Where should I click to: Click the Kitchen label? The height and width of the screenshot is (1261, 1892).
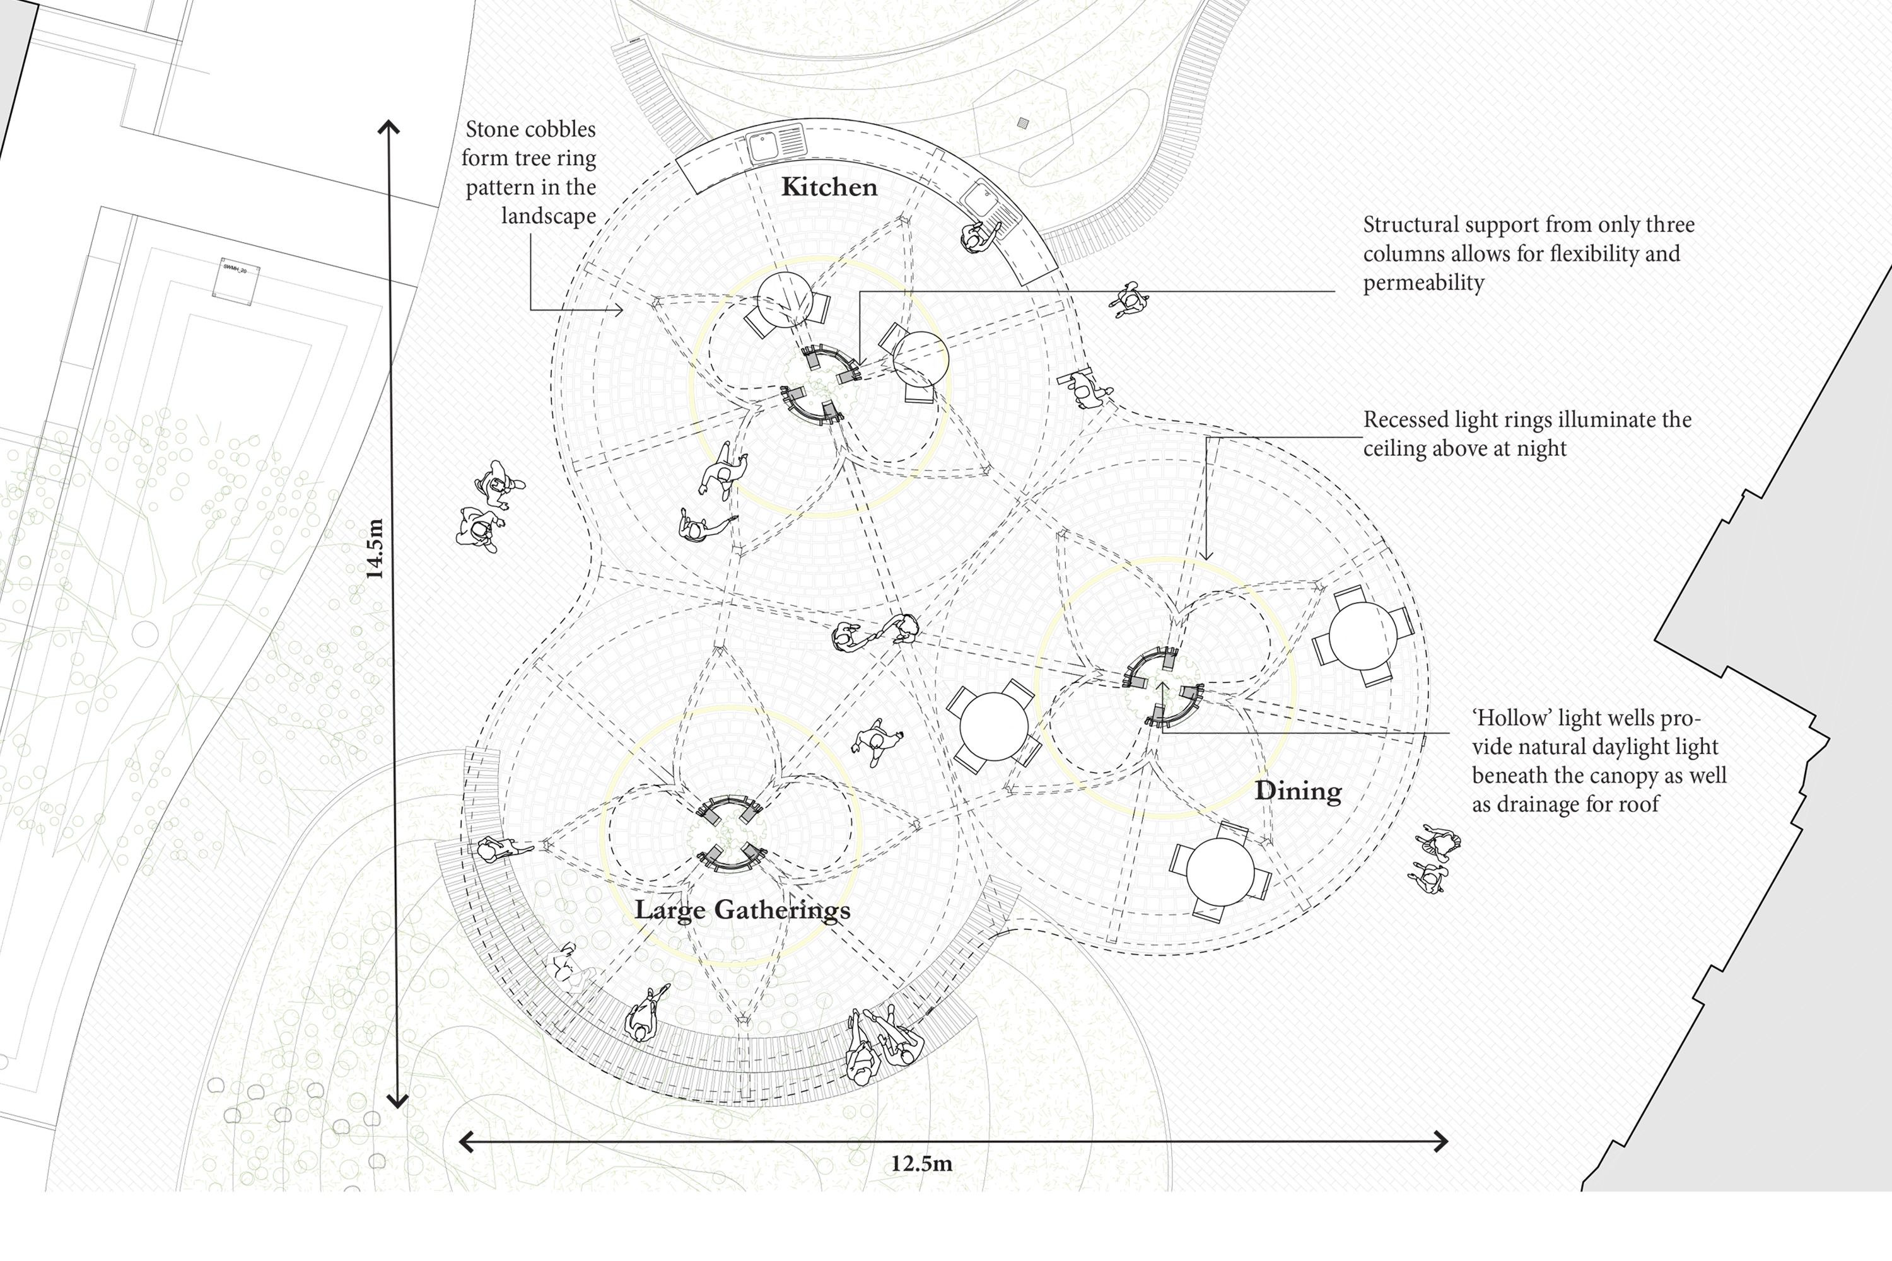[x=829, y=187]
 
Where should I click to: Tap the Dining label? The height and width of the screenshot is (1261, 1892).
[x=1297, y=791]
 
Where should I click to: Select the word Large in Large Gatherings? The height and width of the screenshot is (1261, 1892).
[x=671, y=910]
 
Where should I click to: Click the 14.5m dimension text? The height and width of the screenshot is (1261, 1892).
[x=374, y=549]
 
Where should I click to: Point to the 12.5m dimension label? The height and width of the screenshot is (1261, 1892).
[x=921, y=1164]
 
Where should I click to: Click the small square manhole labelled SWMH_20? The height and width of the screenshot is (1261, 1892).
[x=236, y=281]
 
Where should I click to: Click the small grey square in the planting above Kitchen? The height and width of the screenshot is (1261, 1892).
[x=1022, y=123]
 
